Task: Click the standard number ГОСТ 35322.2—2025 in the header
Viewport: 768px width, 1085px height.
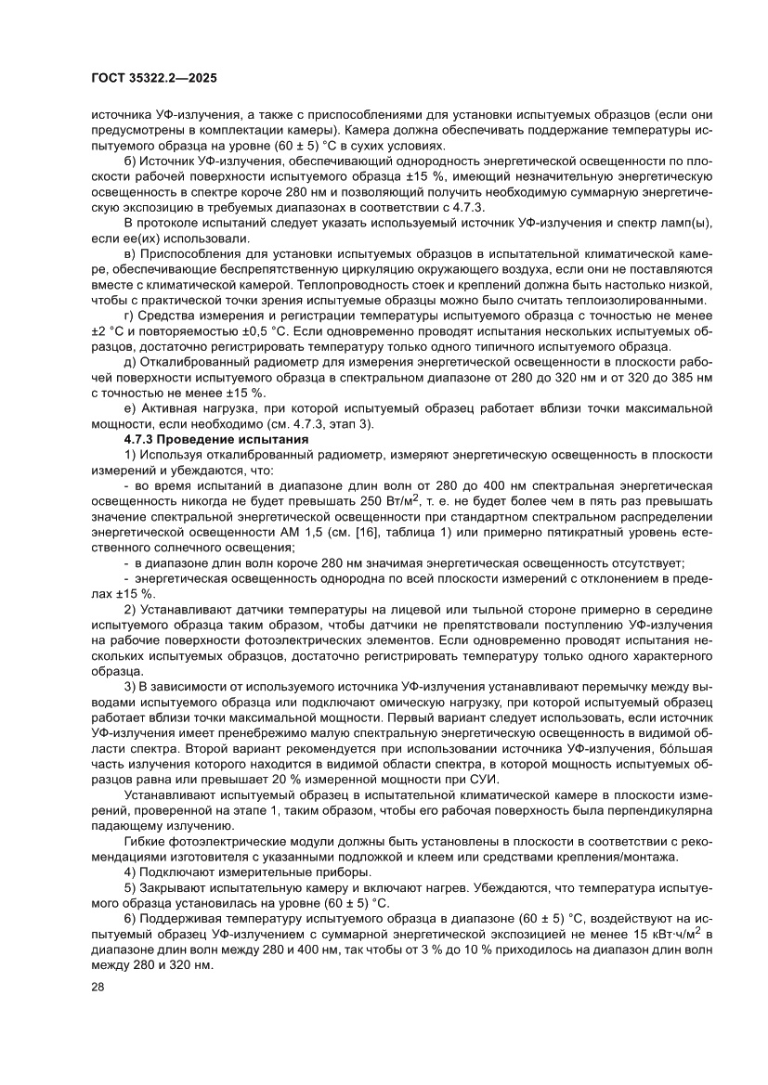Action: point(154,79)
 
